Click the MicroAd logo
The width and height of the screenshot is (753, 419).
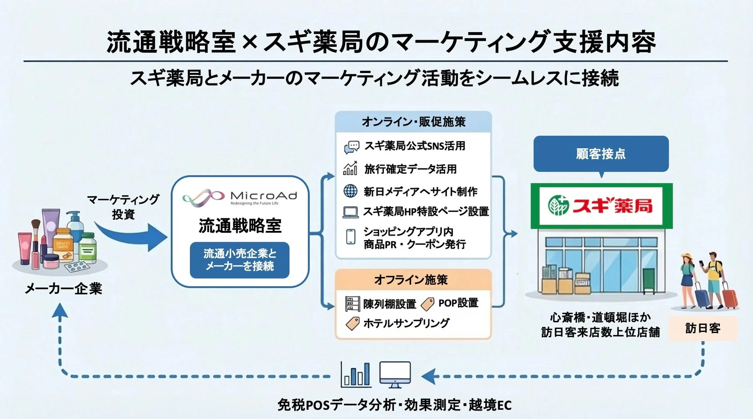click(239, 197)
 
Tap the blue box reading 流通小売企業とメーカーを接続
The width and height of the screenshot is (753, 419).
click(239, 260)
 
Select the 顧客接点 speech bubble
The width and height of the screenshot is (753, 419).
click(601, 154)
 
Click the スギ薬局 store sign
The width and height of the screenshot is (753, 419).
click(601, 205)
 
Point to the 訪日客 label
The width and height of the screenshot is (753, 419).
click(703, 328)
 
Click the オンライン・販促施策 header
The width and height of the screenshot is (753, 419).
click(413, 122)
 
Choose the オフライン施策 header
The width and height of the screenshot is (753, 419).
click(411, 280)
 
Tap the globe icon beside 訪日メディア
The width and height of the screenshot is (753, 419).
click(350, 191)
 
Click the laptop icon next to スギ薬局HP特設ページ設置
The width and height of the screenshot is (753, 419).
click(351, 212)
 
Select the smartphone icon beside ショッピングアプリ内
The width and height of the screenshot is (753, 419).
click(351, 236)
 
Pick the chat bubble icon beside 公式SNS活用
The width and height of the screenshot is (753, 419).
click(351, 147)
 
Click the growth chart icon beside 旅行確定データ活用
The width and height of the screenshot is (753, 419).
click(350, 168)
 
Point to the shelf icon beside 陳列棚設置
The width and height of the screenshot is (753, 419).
click(352, 304)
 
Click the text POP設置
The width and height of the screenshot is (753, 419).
click(458, 303)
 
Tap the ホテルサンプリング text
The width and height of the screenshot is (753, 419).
click(406, 323)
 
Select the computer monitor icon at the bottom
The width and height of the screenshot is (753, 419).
click(395, 374)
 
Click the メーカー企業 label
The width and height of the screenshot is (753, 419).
click(63, 288)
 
